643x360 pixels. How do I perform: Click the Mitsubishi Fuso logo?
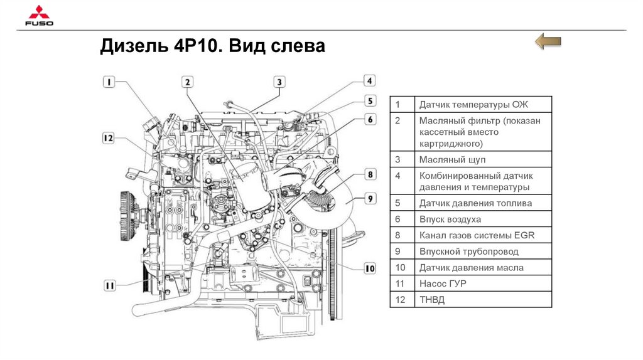pyautogui.click(x=39, y=16)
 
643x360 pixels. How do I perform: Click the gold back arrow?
pyautogui.click(x=548, y=41)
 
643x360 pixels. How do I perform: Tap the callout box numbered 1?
pyautogui.click(x=109, y=82)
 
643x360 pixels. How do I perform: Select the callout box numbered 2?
pyautogui.click(x=187, y=82)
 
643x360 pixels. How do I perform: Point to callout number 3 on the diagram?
pyautogui.click(x=279, y=82)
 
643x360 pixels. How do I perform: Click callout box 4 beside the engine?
pyautogui.click(x=369, y=81)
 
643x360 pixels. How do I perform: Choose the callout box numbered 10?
pyautogui.click(x=369, y=268)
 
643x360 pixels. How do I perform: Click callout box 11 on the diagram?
pyautogui.click(x=109, y=285)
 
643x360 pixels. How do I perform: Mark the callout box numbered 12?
pyautogui.click(x=108, y=138)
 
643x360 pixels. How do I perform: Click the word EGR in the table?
pyautogui.click(x=524, y=235)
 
